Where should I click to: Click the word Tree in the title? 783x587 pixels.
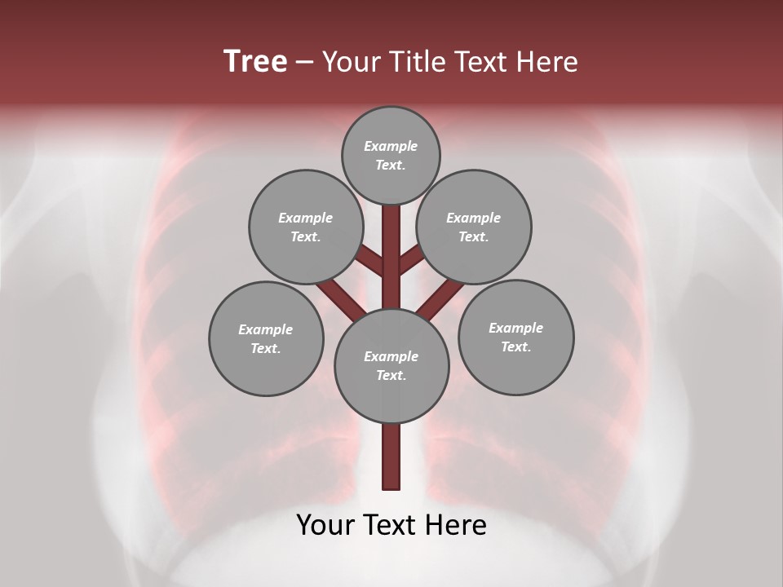[255, 62]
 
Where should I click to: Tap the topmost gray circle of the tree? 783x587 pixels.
[391, 155]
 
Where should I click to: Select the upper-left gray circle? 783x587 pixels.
[305, 227]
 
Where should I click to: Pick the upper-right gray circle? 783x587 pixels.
[474, 227]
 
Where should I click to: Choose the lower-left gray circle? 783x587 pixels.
[266, 338]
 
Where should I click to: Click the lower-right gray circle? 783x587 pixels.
[515, 337]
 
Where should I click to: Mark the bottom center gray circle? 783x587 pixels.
[391, 365]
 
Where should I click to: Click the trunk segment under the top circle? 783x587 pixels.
[391, 245]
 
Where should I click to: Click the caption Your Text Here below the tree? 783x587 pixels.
[391, 525]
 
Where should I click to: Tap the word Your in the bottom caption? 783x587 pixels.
[325, 525]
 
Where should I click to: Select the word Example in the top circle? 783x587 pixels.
[391, 146]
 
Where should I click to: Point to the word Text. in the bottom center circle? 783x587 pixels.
[391, 375]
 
